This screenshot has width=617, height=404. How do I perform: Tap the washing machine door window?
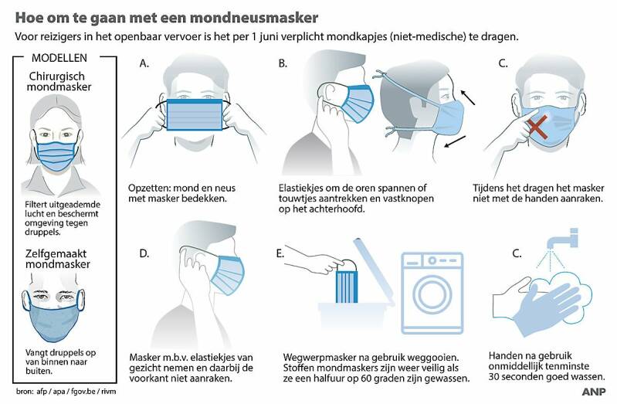coord(432,294)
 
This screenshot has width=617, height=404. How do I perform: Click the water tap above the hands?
coord(562,239)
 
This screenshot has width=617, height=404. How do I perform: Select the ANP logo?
coord(593,392)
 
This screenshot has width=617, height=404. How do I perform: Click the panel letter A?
coord(144,63)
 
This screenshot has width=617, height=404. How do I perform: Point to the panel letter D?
coord(144,253)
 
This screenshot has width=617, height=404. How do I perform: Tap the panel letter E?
coord(280,253)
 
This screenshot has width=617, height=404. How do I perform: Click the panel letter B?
coord(283,63)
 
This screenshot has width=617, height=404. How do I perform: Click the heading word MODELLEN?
coord(59,58)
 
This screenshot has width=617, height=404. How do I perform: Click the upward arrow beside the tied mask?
coord(467,97)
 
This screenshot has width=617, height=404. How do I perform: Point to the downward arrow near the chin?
coord(455,142)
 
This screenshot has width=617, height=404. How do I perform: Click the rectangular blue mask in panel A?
coord(195,114)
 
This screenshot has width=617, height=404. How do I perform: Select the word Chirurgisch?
coord(56,76)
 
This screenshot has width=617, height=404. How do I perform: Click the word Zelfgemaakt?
coord(56,253)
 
